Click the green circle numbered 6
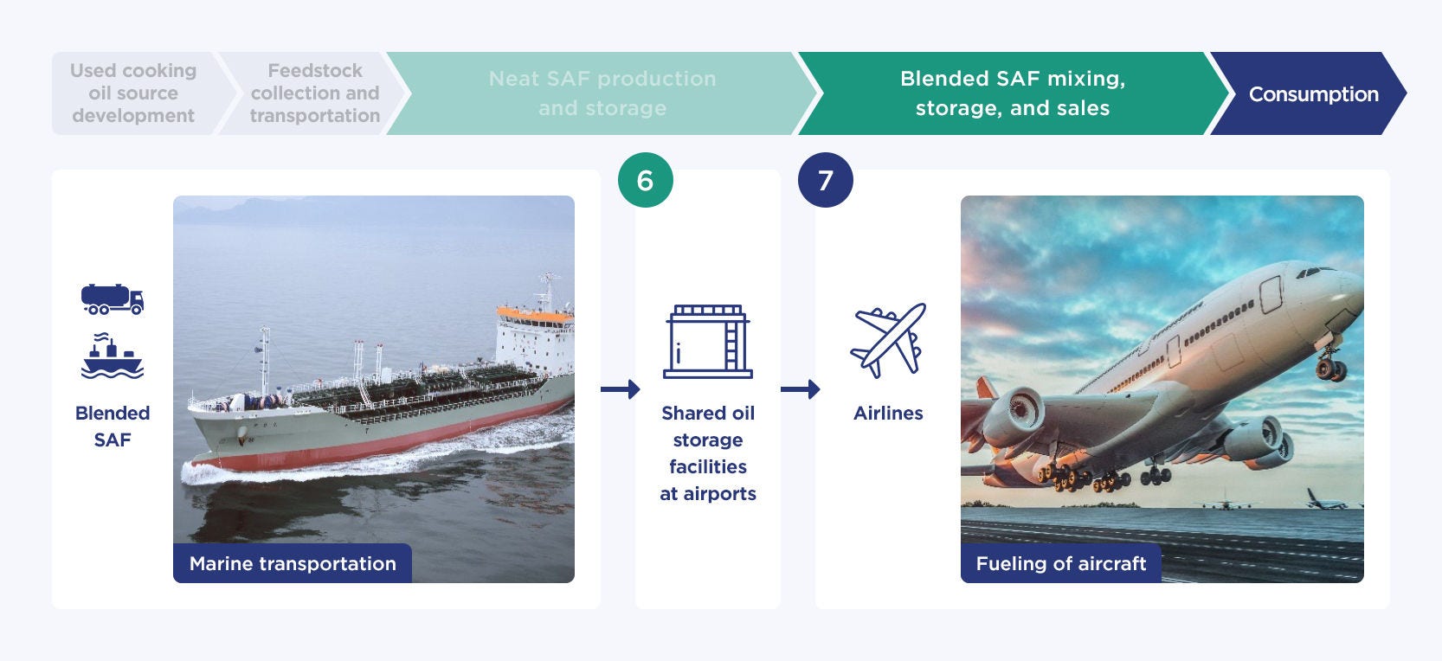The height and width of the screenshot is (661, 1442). tap(645, 180)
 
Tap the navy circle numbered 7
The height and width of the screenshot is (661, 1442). tap(825, 180)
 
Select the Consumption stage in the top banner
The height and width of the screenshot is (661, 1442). tap(1310, 94)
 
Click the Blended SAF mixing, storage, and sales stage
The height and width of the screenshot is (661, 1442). tap(1012, 94)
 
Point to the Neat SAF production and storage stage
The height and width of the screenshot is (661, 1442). tap(602, 94)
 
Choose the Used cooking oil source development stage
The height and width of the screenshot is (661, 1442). tap(134, 94)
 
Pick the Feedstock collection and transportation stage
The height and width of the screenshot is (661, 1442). tap(314, 94)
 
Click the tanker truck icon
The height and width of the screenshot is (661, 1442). tap(112, 299)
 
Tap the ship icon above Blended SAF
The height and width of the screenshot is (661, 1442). tap(112, 356)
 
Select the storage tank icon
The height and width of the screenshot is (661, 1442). tap(707, 341)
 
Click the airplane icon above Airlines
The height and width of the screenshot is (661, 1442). tap(888, 340)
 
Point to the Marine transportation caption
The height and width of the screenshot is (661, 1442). tap(293, 563)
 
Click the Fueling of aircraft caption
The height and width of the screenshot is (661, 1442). tap(1061, 563)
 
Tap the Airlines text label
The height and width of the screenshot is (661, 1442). tap(888, 414)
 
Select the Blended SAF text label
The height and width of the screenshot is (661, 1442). tap(113, 426)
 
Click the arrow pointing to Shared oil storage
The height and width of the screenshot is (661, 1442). tap(620, 389)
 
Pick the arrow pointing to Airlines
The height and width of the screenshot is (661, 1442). tap(800, 389)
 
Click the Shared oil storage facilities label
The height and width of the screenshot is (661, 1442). tap(707, 453)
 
